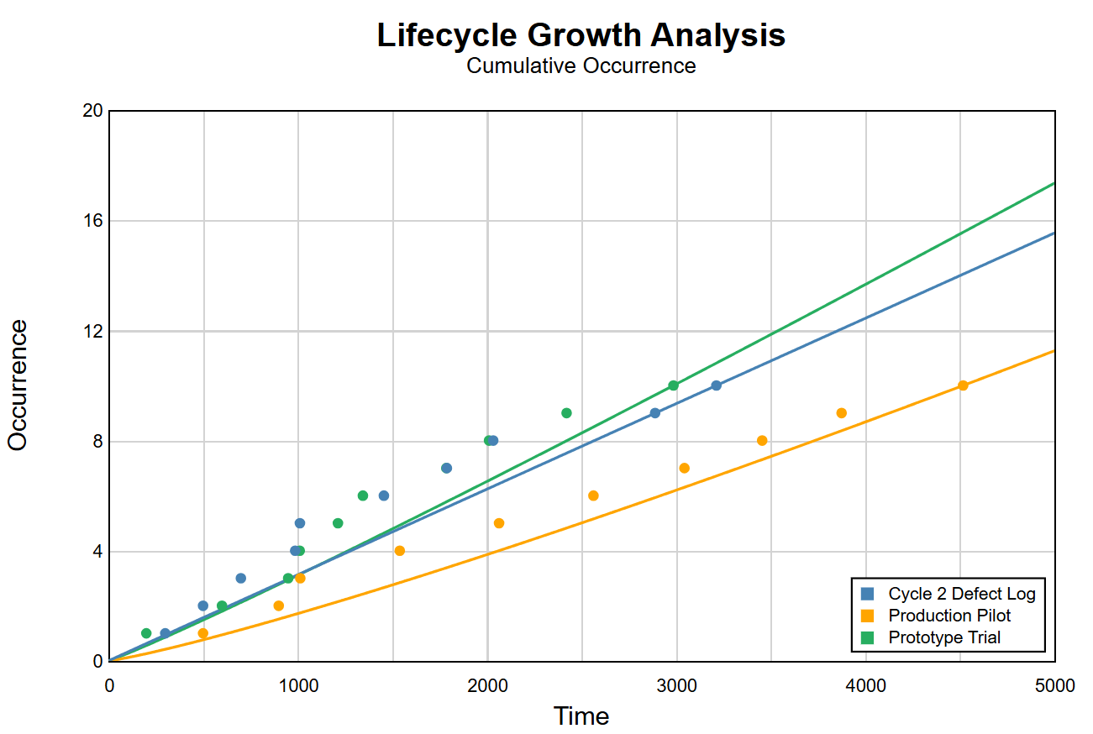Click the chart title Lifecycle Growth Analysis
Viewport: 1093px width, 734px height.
581,35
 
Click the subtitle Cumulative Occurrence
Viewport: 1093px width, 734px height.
581,66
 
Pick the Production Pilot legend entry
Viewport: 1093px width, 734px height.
949,616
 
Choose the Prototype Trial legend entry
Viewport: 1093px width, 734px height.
944,637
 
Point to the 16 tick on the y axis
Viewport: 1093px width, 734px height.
92,221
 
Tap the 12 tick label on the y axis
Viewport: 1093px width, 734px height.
92,331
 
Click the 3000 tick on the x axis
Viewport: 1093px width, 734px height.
676,685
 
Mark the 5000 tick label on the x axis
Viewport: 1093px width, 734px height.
1054,685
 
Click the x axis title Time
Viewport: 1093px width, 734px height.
581,716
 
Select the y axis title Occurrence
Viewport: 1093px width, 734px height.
18,385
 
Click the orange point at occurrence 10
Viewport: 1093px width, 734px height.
963,385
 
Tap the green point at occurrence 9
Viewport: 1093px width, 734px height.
566,413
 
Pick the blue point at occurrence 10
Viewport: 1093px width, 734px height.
716,385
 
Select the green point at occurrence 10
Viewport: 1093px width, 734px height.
673,385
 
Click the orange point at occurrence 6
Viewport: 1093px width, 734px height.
593,495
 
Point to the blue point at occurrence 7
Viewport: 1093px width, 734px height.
446,468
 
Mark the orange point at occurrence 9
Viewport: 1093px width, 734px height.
841,413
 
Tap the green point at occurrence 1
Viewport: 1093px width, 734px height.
146,633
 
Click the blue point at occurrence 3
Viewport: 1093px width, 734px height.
240,578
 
